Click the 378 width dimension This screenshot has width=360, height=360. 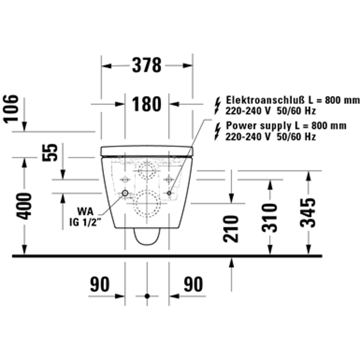[x=146, y=66]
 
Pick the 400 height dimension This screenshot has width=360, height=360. [x=25, y=206]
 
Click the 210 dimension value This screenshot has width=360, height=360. [x=231, y=228]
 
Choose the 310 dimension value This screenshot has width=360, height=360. [x=271, y=218]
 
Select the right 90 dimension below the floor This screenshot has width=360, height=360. [x=193, y=285]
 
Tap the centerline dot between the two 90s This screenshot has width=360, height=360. [x=147, y=295]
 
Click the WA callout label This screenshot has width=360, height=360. [x=86, y=211]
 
